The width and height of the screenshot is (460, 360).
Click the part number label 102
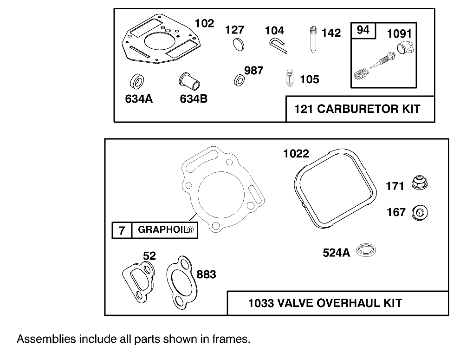click(204, 24)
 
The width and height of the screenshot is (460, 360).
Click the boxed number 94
click(363, 30)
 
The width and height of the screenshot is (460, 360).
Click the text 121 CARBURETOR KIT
click(357, 110)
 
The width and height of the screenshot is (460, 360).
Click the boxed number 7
click(122, 230)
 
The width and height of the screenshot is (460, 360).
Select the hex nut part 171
click(419, 184)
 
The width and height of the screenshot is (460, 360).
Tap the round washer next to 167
click(421, 213)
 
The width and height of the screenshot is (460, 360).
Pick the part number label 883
click(206, 275)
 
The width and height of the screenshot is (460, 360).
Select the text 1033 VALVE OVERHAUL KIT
click(325, 303)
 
